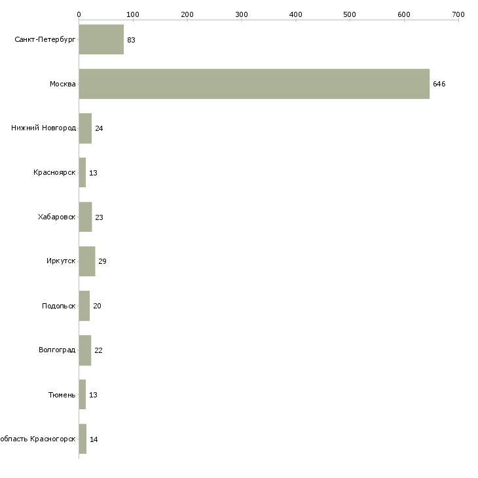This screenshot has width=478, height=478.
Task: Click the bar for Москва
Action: (x=254, y=84)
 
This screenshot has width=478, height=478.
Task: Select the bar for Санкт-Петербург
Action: (x=101, y=39)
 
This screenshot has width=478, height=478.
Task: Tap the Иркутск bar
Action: (x=87, y=261)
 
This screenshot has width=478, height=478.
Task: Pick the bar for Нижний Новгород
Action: (x=85, y=128)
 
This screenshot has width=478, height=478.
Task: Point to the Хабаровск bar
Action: (x=85, y=217)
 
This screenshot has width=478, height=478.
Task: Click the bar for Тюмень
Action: (x=83, y=394)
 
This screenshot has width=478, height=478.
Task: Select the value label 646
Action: (x=439, y=84)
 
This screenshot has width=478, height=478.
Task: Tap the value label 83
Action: (x=131, y=40)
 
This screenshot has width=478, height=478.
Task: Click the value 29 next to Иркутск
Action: (x=102, y=261)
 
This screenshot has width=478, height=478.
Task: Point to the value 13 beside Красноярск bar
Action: (x=93, y=173)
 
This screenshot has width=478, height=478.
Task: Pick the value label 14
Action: (x=94, y=439)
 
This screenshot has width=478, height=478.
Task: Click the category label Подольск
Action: (x=58, y=306)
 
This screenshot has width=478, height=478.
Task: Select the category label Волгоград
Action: (x=57, y=350)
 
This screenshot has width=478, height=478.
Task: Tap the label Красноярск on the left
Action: (x=54, y=173)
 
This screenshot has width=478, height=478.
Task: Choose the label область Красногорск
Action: (x=38, y=439)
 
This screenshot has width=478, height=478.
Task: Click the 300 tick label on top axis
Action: (x=242, y=14)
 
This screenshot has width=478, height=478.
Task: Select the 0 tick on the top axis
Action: (x=79, y=14)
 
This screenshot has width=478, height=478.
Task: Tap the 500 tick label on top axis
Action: (x=350, y=14)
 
